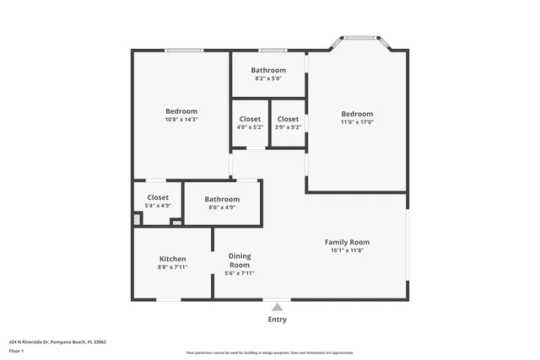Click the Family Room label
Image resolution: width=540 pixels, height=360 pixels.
click(x=347, y=242)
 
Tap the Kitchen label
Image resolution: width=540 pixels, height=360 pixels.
click(x=172, y=259)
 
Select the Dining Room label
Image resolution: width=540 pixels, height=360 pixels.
click(x=240, y=261)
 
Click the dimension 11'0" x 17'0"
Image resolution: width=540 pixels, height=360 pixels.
click(x=357, y=122)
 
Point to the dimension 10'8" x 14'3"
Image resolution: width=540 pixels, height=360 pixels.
click(x=181, y=120)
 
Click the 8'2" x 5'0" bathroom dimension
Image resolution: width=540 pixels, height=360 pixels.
click(x=268, y=78)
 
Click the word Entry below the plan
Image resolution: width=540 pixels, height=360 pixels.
click(x=277, y=320)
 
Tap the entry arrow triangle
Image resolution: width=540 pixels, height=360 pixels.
click(x=277, y=307)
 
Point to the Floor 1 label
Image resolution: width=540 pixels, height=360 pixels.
click(x=17, y=351)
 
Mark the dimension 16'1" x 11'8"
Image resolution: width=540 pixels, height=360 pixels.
click(x=347, y=250)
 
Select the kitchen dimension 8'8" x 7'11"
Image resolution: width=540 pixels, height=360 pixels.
click(x=172, y=267)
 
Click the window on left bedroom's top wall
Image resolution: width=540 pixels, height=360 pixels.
click(x=182, y=51)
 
